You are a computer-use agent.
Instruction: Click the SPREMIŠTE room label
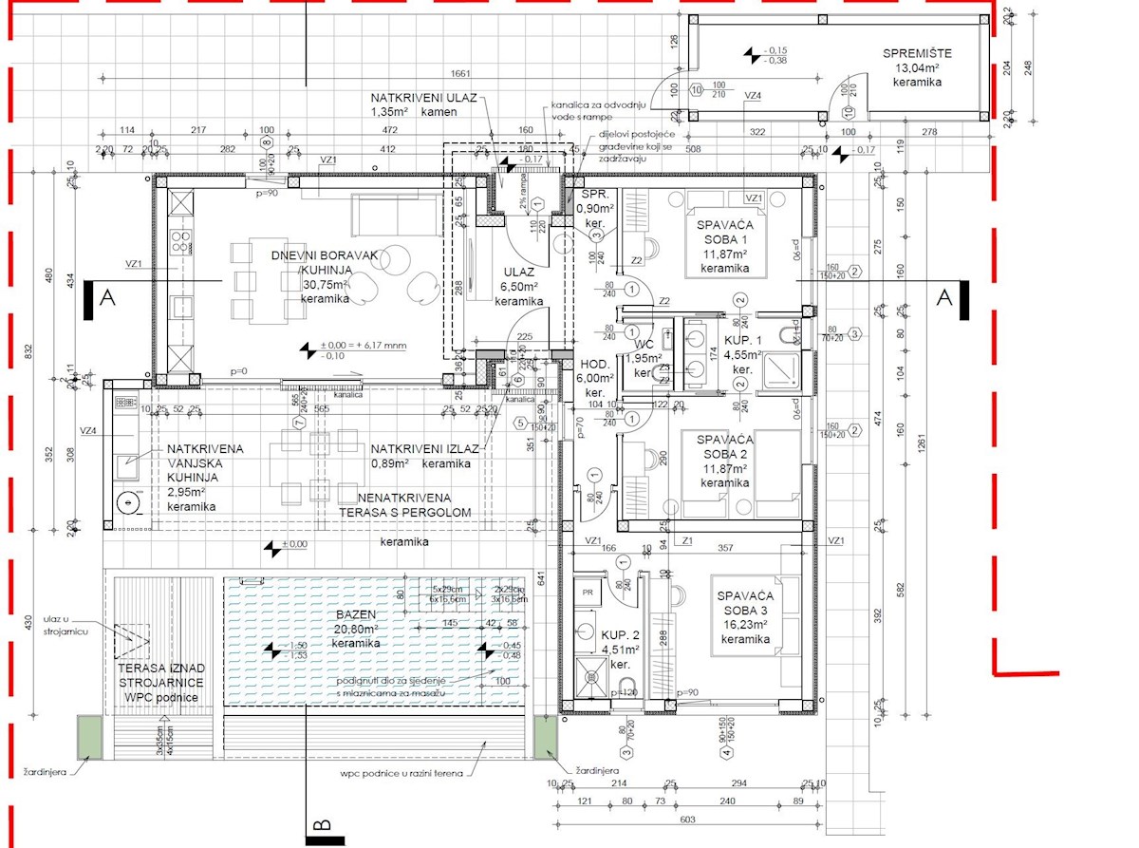tap(917, 53)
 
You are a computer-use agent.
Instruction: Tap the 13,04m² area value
tap(917, 68)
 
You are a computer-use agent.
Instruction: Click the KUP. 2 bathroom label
tap(619, 634)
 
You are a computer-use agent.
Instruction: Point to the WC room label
tap(643, 344)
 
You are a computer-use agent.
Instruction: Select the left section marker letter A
tap(108, 297)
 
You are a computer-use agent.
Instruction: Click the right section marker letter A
tap(943, 297)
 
